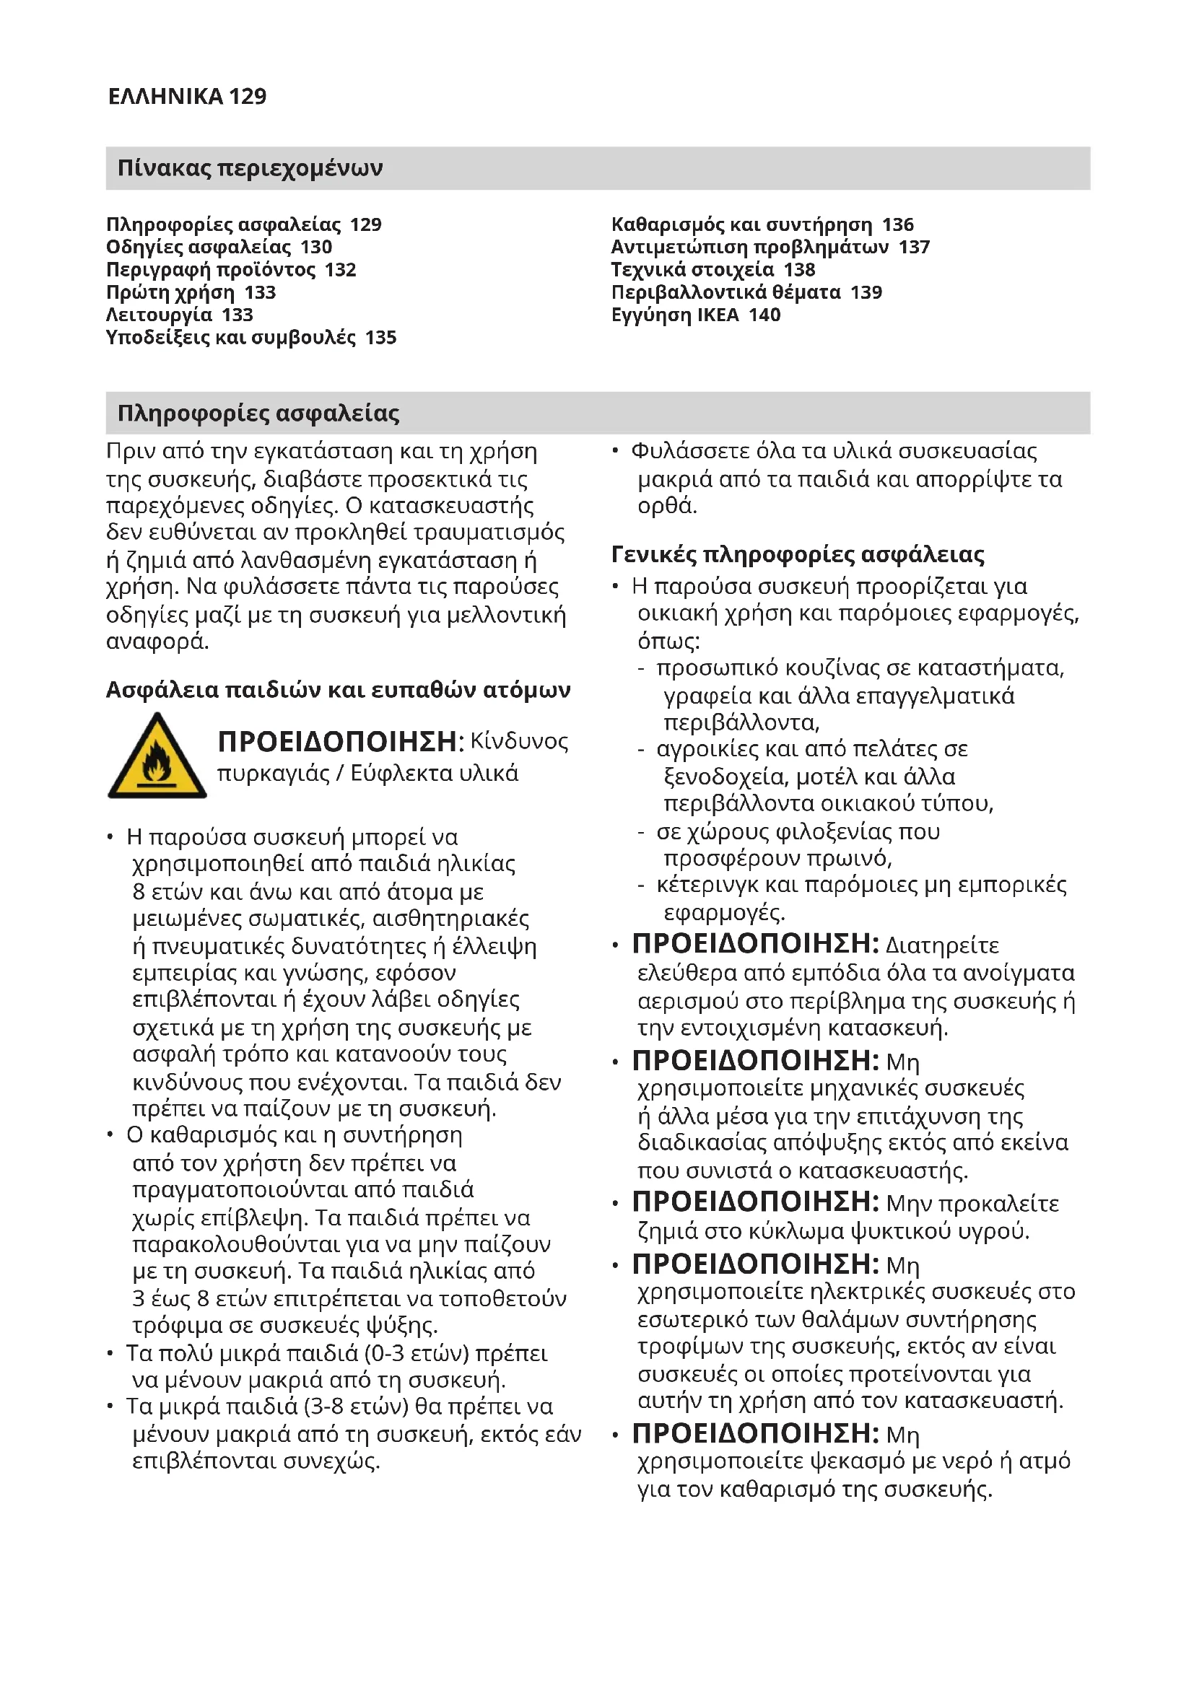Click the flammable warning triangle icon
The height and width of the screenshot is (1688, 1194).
coord(157,758)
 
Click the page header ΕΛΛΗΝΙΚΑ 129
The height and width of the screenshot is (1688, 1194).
coord(187,96)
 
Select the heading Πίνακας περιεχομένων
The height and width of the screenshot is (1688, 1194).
coord(250,168)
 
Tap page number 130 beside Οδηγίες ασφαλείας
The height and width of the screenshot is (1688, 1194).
coord(316,247)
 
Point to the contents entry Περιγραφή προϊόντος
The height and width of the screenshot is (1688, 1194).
coord(212,270)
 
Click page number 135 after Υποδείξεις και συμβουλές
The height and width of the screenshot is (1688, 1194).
coord(381,338)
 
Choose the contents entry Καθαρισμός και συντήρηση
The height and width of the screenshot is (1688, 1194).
coord(741,224)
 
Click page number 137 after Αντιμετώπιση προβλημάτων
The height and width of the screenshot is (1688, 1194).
coord(914,247)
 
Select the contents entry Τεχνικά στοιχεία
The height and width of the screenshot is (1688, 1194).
coord(692,270)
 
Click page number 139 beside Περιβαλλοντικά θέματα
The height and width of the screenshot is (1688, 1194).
coord(866,292)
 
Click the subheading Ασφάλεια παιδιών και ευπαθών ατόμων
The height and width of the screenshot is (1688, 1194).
coord(338,690)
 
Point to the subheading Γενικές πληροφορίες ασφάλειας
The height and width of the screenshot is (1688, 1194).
coord(798,554)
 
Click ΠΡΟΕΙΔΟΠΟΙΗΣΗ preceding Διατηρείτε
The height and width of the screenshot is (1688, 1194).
coord(755,944)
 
